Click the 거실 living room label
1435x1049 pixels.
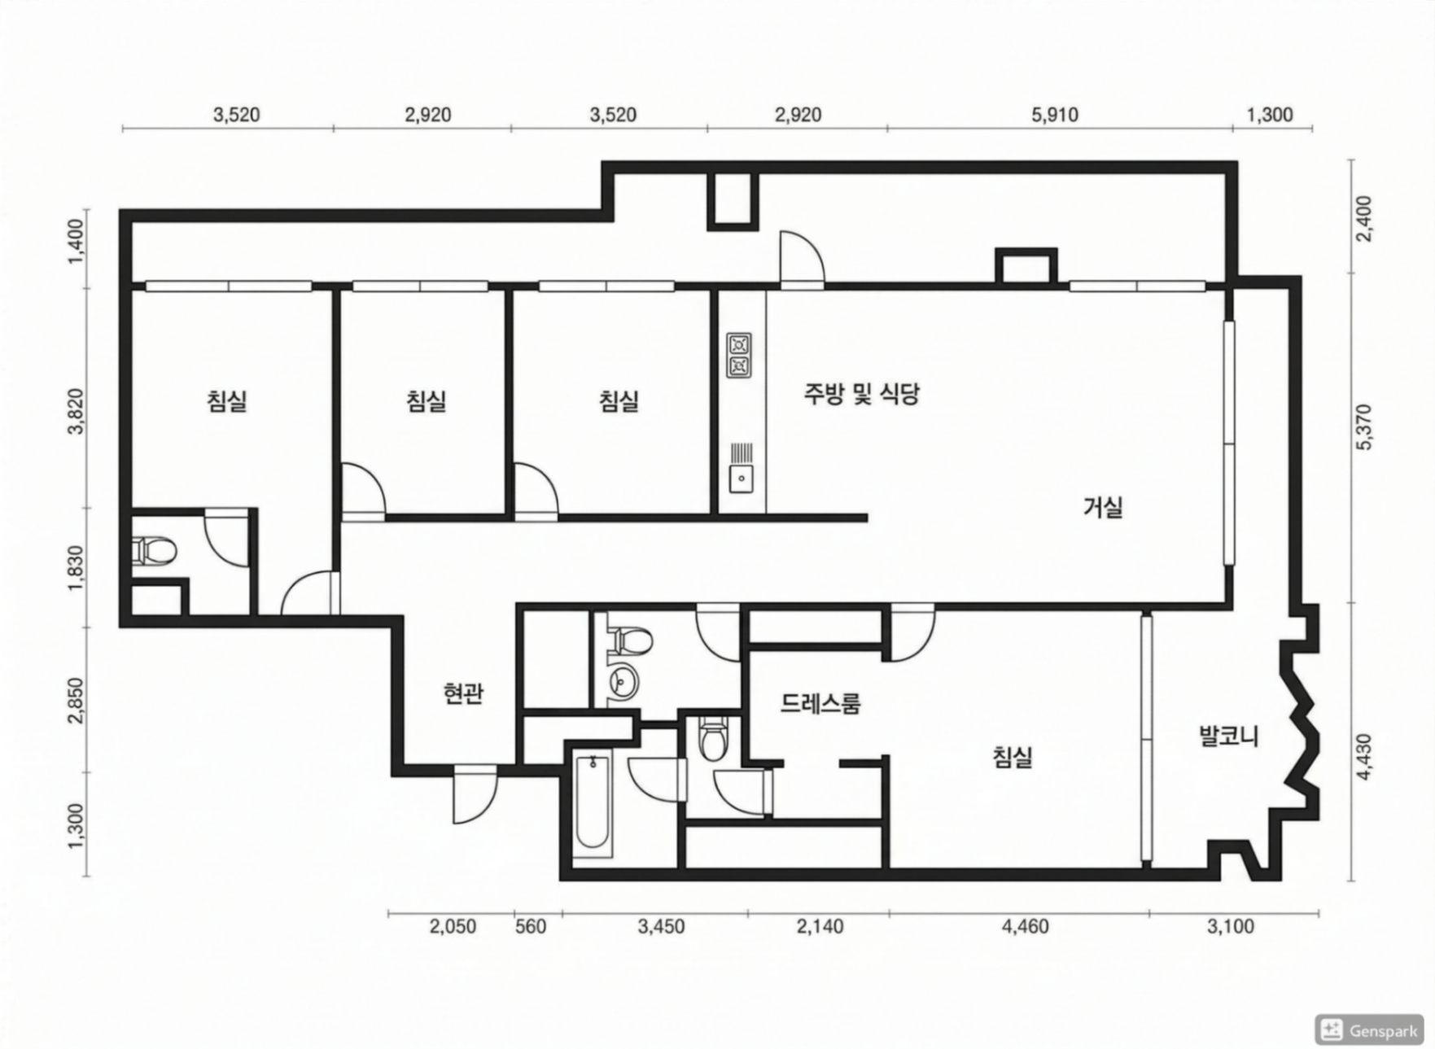[1103, 507]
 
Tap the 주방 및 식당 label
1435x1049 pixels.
[861, 395]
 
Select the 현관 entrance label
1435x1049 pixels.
[463, 693]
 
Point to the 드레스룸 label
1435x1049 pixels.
[820, 703]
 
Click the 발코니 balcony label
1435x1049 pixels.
[1229, 736]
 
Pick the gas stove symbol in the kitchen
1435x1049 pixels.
[739, 356]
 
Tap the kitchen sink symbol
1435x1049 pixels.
[741, 468]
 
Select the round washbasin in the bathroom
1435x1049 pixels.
[623, 679]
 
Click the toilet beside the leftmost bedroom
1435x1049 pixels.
[154, 551]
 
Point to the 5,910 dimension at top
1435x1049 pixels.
[1055, 115]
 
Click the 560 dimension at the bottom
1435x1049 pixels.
[531, 926]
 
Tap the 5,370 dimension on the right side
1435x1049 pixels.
[1365, 426]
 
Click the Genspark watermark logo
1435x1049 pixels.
[1369, 1029]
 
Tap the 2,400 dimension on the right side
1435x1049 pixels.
[1365, 218]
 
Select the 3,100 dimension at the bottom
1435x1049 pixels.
[1231, 926]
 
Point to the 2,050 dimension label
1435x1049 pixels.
[453, 926]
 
